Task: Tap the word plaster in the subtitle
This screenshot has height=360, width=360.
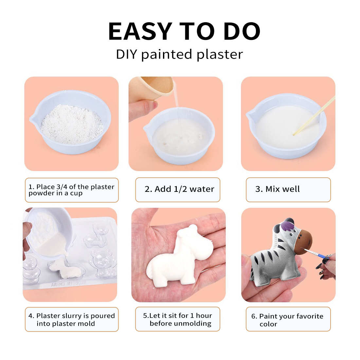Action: tap(220, 55)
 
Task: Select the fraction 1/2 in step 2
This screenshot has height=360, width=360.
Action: tap(180, 189)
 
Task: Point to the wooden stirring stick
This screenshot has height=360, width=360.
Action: tap(314, 116)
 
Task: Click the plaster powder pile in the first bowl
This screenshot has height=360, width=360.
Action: tap(72, 124)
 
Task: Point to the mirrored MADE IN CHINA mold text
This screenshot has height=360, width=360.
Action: tap(68, 284)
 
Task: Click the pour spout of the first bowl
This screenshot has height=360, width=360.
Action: tap(32, 118)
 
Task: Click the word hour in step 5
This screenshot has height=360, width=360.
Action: tap(204, 316)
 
